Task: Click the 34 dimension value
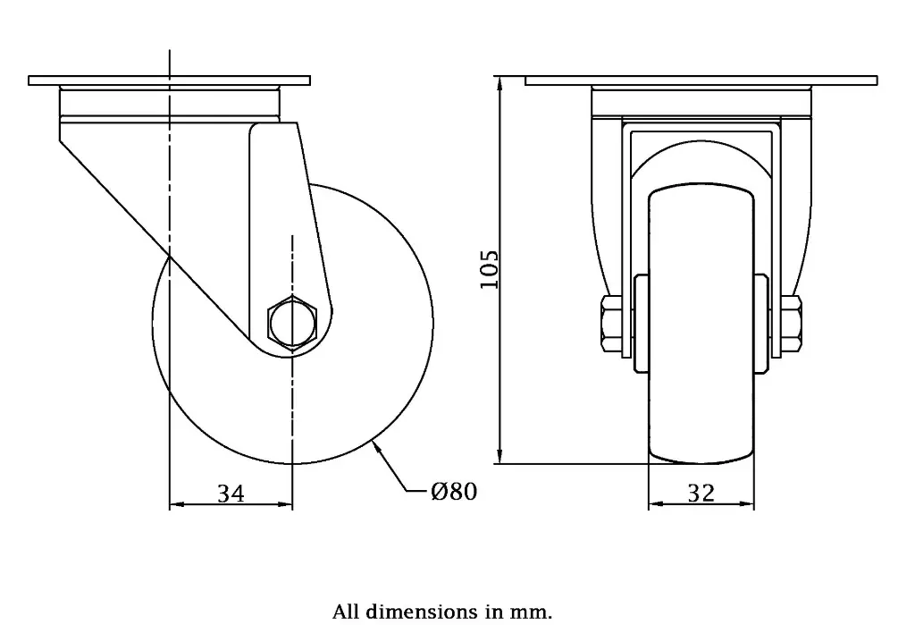(231, 493)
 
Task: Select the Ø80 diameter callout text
(453, 491)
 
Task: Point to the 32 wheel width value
(701, 493)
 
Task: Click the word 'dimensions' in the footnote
(416, 612)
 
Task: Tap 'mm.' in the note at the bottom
(533, 612)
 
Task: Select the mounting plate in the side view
(170, 80)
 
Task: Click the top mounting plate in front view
(701, 80)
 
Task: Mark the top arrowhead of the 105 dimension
(503, 86)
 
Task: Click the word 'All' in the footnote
(346, 612)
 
